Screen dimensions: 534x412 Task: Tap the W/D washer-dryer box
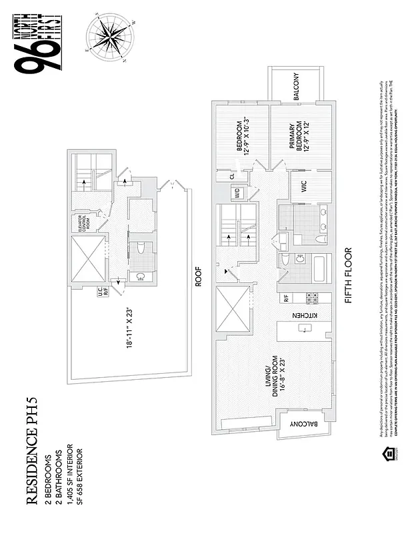pos(236,194)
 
